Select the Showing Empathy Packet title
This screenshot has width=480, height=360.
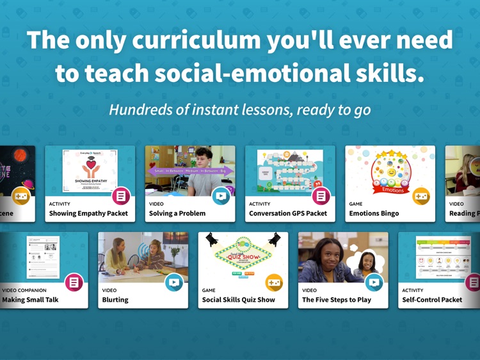[88, 213]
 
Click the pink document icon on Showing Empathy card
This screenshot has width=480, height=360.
[121, 195]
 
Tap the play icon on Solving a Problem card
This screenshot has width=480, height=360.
[221, 195]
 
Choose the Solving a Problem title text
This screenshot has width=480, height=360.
[177, 213]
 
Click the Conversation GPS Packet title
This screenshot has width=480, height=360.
[288, 213]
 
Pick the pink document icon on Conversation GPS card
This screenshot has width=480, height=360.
[321, 195]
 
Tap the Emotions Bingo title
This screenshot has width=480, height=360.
[374, 213]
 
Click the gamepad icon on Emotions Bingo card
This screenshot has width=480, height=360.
[420, 195]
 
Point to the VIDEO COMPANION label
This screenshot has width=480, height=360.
[24, 290]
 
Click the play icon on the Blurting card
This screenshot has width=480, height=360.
[173, 282]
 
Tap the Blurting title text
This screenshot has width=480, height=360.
[115, 300]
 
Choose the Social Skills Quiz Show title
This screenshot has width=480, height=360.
[239, 300]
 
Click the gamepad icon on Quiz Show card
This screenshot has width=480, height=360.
[274, 282]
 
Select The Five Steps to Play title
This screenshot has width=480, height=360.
[337, 300]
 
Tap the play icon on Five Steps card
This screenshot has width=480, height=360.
[374, 282]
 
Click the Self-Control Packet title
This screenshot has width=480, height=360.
[432, 300]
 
